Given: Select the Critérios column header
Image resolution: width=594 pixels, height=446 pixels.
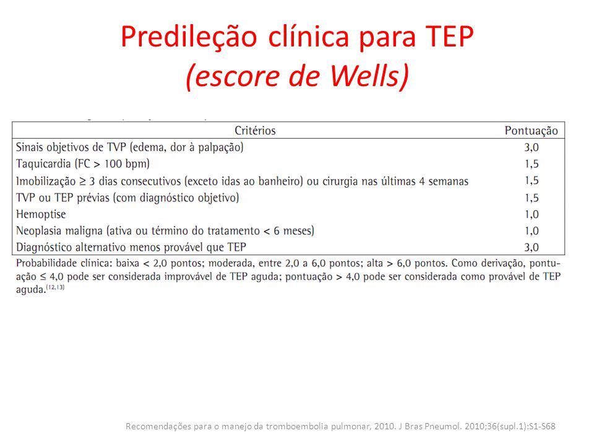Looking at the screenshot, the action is pos(255,131).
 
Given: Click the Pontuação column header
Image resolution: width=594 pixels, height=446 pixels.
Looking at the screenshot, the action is pos(531,131).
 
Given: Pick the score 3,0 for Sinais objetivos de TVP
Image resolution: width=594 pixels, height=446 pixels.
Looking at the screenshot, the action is pos(532,147).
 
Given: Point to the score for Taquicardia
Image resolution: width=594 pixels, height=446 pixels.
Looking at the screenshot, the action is pos(532,164).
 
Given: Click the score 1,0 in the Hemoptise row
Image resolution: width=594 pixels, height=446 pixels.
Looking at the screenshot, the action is pos(532,214).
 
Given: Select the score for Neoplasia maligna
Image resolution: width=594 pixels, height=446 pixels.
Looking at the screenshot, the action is pos(532,231).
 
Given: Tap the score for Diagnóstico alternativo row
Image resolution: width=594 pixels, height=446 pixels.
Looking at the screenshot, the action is pos(532,247).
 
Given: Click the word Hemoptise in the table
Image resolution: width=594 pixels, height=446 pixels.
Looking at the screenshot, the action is pos(41,215).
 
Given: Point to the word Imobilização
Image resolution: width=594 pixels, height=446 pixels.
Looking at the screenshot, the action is pos(46,181).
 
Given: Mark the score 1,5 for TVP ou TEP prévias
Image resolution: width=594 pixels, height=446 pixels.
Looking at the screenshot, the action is pos(532,198).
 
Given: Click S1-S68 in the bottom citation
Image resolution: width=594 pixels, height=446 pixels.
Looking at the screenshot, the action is pos(543,426).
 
